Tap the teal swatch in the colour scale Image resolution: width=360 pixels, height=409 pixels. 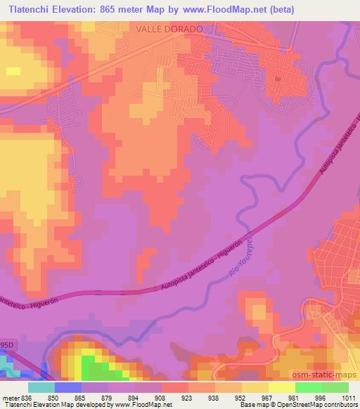tap(41, 387)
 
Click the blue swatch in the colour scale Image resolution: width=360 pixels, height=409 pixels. tap(67, 387)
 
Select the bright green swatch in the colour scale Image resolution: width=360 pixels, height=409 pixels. tap(308, 387)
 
